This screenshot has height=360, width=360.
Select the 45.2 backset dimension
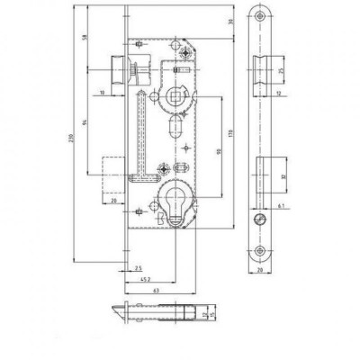pyautogui.click(x=144, y=279)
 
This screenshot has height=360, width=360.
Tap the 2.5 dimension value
pyautogui.click(x=137, y=268)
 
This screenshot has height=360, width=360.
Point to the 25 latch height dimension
pyautogui.click(x=282, y=69)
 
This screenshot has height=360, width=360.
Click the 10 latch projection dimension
pyautogui.click(x=102, y=91)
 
